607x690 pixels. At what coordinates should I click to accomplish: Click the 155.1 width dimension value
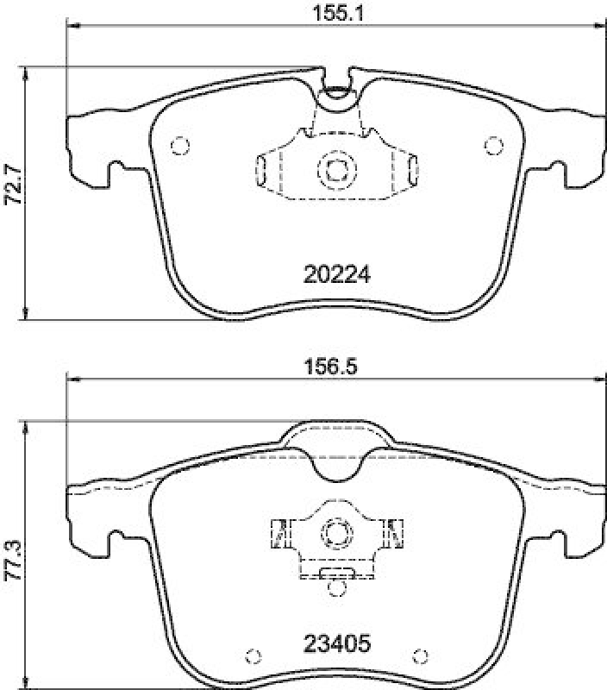pos(335,14)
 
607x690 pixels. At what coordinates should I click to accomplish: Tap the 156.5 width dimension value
pos(335,366)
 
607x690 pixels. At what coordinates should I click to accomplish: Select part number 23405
pos(336,643)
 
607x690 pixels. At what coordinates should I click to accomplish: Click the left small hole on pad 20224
pos(179,145)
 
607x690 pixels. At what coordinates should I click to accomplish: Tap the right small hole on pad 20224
pos(492,145)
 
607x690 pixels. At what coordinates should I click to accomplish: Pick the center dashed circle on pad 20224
pos(335,169)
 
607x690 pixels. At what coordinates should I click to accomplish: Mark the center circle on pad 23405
pos(335,533)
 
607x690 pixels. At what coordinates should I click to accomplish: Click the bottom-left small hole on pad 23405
pos(252,655)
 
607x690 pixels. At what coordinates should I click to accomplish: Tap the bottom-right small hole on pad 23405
pos(420,655)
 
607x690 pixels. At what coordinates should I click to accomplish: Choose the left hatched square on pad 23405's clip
pos(278,532)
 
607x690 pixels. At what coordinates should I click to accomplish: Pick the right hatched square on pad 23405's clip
pos(395,532)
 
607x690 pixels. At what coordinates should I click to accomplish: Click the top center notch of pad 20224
pos(336,89)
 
